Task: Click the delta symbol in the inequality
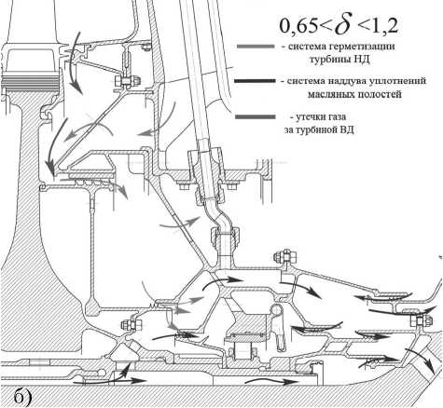[345, 25]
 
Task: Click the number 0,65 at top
[298, 26]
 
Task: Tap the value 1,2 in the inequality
[383, 26]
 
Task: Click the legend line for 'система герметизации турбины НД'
[256, 47]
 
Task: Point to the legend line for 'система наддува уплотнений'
[255, 81]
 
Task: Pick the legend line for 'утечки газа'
[255, 116]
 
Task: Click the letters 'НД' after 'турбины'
[362, 60]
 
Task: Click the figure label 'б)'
[22, 397]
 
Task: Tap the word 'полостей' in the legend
[380, 94]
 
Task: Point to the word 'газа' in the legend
[338, 117]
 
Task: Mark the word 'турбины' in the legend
[330, 60]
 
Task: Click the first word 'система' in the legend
[305, 47]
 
